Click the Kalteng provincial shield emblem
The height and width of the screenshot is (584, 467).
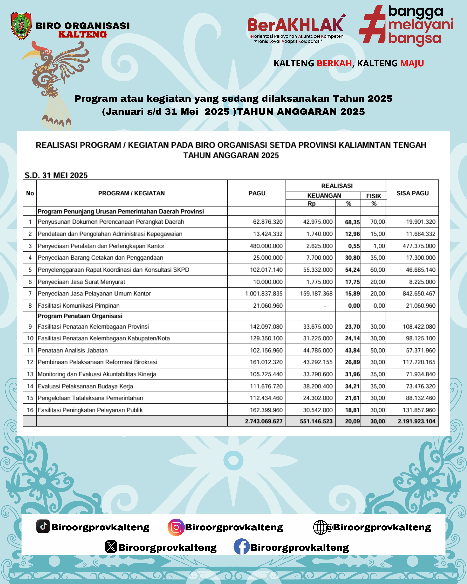point(21,26)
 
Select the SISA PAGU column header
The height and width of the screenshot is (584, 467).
point(412,193)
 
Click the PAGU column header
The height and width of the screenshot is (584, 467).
point(257,193)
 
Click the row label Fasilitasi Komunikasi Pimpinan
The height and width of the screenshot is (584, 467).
point(78,305)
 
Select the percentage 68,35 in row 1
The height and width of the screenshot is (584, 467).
point(352,222)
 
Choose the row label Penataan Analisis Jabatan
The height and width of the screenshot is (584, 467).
point(73,350)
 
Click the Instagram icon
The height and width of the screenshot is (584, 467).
point(176,527)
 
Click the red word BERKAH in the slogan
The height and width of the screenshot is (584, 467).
point(334,63)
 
